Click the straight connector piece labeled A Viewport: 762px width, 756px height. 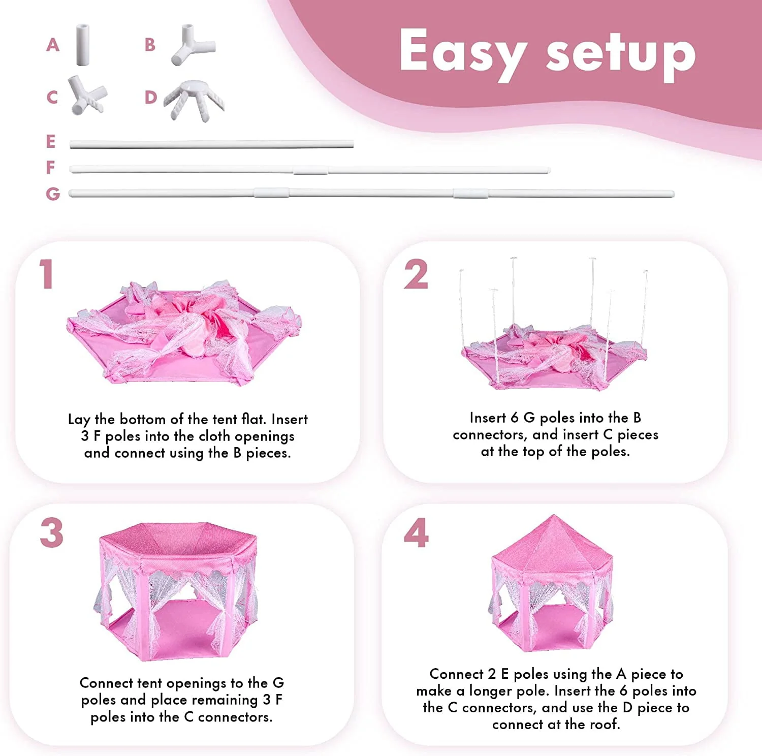click(x=83, y=45)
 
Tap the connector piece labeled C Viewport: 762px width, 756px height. click(x=87, y=95)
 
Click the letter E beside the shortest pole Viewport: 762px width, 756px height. click(x=50, y=141)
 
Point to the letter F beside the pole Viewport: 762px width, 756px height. click(x=50, y=167)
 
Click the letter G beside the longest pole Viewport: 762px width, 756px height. click(x=52, y=194)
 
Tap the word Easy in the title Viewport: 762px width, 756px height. click(x=462, y=53)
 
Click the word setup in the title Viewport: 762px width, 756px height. click(x=621, y=55)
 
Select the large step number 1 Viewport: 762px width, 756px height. click(x=47, y=274)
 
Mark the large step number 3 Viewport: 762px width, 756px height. click(x=52, y=533)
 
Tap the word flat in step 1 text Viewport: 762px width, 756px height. click(x=253, y=419)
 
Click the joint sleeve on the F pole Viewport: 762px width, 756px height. click(x=310, y=170)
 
